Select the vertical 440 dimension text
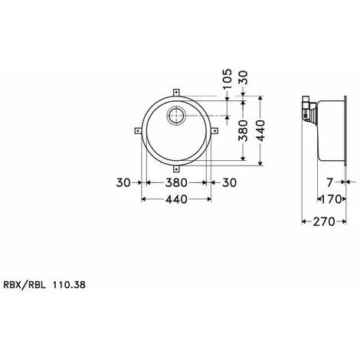(262, 131)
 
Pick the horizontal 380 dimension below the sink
(177, 183)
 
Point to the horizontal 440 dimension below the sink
(177, 200)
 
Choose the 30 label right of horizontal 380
(227, 183)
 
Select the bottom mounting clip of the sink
(178, 167)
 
